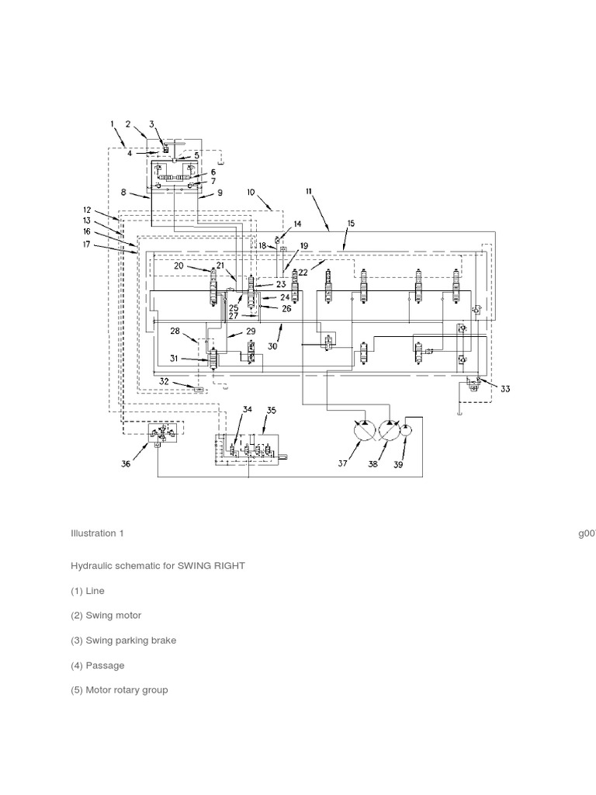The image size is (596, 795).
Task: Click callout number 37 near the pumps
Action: pos(343,464)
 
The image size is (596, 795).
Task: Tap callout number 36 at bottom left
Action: pos(126,464)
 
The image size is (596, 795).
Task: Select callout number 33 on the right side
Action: pos(505,389)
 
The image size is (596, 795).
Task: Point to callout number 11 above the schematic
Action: pos(310,191)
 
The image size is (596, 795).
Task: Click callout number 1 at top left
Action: pos(112,123)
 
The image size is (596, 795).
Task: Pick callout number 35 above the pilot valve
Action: pos(271,409)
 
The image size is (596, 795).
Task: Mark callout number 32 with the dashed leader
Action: pos(164,381)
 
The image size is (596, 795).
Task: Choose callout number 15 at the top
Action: pos(351,224)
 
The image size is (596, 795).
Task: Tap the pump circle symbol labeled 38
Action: pos(389,431)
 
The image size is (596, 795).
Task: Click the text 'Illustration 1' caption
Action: pos(97,533)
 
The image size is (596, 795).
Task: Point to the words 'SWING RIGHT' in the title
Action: pos(211,566)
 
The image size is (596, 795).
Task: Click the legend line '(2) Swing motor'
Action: pos(106,616)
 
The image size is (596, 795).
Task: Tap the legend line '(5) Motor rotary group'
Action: pos(119,690)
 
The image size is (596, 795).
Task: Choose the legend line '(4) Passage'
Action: pos(97,665)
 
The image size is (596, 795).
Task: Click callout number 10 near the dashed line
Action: pos(251,192)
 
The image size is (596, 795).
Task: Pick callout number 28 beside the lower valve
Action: pos(175,332)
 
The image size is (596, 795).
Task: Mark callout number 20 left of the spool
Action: pos(178,266)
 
